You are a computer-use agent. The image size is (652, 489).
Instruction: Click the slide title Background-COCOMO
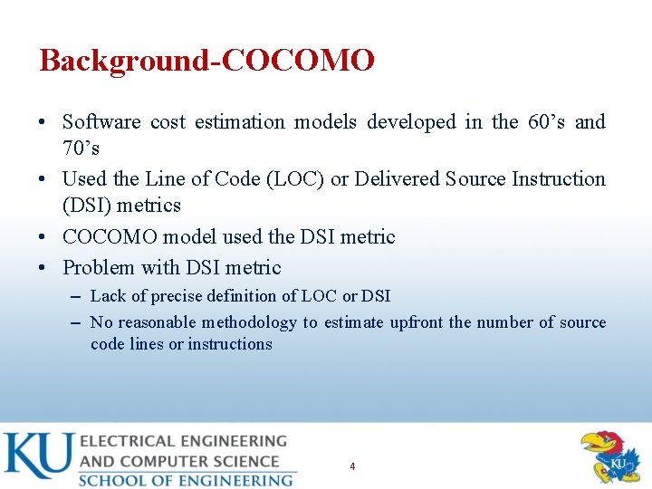[206, 61]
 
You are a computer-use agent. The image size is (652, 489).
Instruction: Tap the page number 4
[352, 466]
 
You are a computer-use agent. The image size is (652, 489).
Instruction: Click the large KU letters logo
[37, 456]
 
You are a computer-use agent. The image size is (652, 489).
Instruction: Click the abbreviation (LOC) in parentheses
[297, 179]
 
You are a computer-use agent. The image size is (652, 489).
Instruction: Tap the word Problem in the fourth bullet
[95, 268]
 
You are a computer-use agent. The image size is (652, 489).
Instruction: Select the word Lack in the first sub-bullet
[108, 296]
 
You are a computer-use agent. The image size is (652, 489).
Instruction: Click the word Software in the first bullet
[101, 122]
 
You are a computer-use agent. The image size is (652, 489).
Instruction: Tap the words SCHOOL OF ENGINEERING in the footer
[186, 480]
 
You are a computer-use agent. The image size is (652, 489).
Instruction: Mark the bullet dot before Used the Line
[45, 179]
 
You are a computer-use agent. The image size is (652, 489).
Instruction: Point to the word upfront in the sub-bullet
[417, 322]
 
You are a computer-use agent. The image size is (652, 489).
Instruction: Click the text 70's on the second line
[81, 149]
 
